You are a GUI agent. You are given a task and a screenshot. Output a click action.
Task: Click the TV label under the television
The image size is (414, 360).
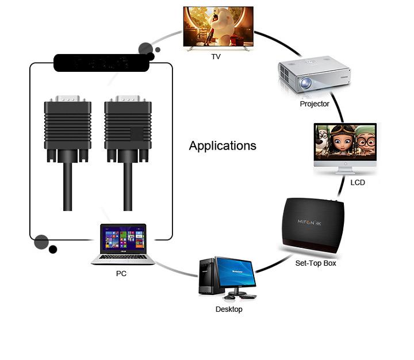(x=216, y=57)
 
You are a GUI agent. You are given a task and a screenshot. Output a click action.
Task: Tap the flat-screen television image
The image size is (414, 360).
(x=218, y=28)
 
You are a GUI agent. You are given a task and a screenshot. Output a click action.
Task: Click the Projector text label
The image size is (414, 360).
(x=315, y=104)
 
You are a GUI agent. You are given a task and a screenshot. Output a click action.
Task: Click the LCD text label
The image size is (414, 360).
(x=358, y=183)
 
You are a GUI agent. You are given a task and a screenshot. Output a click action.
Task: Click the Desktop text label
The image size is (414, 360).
(x=229, y=309)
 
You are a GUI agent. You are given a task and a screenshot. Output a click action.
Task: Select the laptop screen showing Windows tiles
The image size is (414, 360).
(x=122, y=239)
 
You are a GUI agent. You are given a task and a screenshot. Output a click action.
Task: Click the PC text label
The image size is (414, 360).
(x=121, y=274)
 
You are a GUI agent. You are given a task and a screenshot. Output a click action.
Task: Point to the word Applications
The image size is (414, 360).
(x=223, y=145)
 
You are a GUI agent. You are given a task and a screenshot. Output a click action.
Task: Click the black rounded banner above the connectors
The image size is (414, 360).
(x=101, y=63)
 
